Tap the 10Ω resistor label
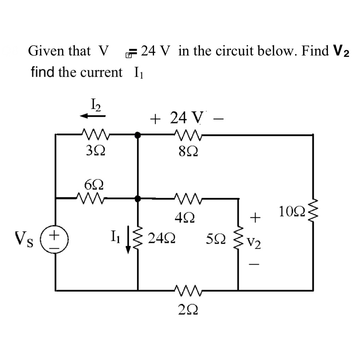289,213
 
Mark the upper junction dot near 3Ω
138,135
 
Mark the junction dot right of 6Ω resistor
138,199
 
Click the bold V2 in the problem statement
341,51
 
